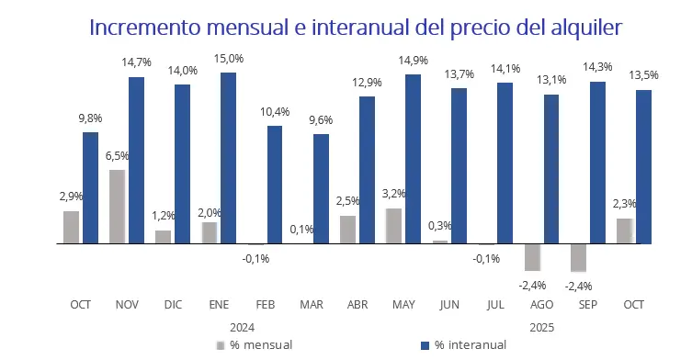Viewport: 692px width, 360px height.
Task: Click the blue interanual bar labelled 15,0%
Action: (x=228, y=158)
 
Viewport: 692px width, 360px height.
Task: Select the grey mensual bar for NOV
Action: (x=117, y=207)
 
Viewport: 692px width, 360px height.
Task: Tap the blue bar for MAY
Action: (x=413, y=159)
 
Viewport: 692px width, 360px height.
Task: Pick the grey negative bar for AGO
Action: (x=532, y=257)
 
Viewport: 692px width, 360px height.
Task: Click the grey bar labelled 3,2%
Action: (x=393, y=226)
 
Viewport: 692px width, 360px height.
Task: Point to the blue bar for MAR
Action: (x=321, y=188)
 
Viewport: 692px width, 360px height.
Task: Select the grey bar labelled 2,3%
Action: (x=624, y=231)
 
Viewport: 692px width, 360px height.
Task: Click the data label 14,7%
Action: (x=136, y=62)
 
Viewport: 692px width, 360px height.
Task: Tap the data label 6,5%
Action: (x=117, y=156)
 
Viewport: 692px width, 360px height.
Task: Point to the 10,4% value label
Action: (x=274, y=112)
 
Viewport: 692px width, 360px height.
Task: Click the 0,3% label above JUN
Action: (x=439, y=226)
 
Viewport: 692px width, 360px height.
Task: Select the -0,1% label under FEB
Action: (x=255, y=258)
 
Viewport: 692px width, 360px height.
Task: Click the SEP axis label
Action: (x=587, y=304)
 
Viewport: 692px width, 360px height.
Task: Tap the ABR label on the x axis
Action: (x=357, y=304)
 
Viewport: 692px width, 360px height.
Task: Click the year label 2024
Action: (x=241, y=326)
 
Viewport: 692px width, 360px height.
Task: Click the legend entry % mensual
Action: (x=260, y=345)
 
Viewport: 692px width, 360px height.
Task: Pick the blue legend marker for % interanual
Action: (x=425, y=345)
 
